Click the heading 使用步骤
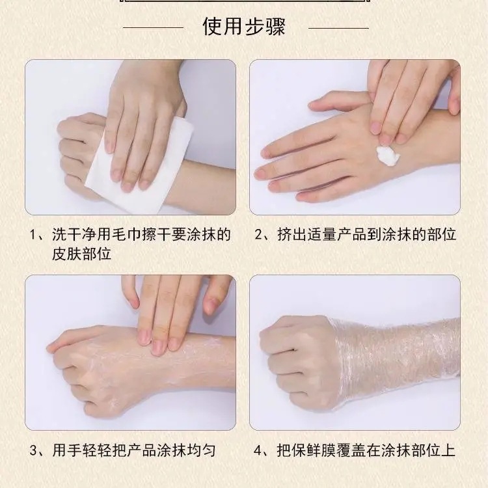tap(244, 27)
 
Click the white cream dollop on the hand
tap(388, 155)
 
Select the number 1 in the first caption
tap(33, 234)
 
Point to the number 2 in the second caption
tap(258, 234)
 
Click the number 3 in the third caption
tap(33, 451)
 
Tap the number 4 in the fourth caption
tap(258, 451)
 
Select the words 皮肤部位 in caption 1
tap(81, 254)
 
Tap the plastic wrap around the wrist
tap(395, 362)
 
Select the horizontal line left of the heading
tap(154, 28)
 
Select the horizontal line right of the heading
tap(338, 28)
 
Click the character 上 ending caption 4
tap(448, 451)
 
